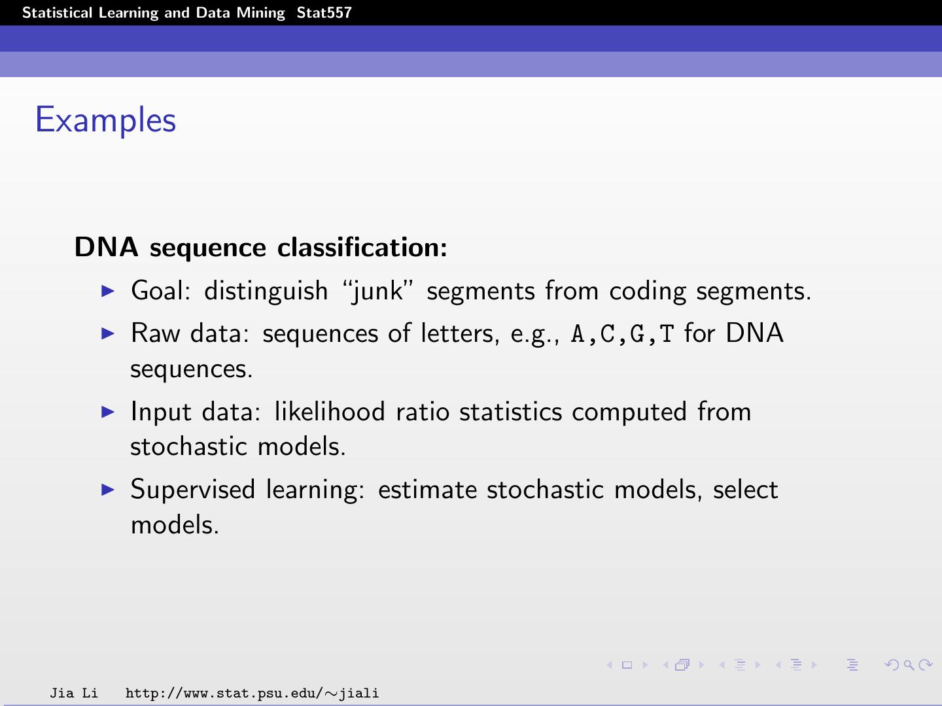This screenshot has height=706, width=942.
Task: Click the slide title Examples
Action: pyautogui.click(x=105, y=120)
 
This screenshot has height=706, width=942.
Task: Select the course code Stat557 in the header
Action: pyautogui.click(x=324, y=13)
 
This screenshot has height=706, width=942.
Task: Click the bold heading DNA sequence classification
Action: pyautogui.click(x=260, y=247)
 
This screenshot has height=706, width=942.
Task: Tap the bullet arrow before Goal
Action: pyautogui.click(x=108, y=290)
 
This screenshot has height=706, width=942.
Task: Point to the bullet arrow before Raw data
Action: pyautogui.click(x=108, y=333)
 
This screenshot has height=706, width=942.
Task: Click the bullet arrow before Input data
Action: pyautogui.click(x=108, y=411)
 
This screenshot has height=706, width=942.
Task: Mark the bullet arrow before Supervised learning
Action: pyautogui.click(x=108, y=489)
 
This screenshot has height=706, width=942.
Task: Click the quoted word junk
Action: pyautogui.click(x=378, y=292)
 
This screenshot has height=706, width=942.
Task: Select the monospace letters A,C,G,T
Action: pyautogui.click(x=622, y=334)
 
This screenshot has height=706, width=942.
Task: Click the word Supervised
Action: pyautogui.click(x=192, y=490)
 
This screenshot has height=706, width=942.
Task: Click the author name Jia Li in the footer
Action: pyautogui.click(x=74, y=693)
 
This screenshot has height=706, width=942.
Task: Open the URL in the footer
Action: pyautogui.click(x=252, y=693)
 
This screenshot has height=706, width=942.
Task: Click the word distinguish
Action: pyautogui.click(x=266, y=292)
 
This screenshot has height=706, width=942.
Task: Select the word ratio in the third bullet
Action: pyautogui.click(x=422, y=412)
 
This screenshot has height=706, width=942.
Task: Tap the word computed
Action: pyautogui.click(x=629, y=412)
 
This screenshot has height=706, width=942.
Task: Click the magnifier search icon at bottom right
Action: pyautogui.click(x=909, y=665)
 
